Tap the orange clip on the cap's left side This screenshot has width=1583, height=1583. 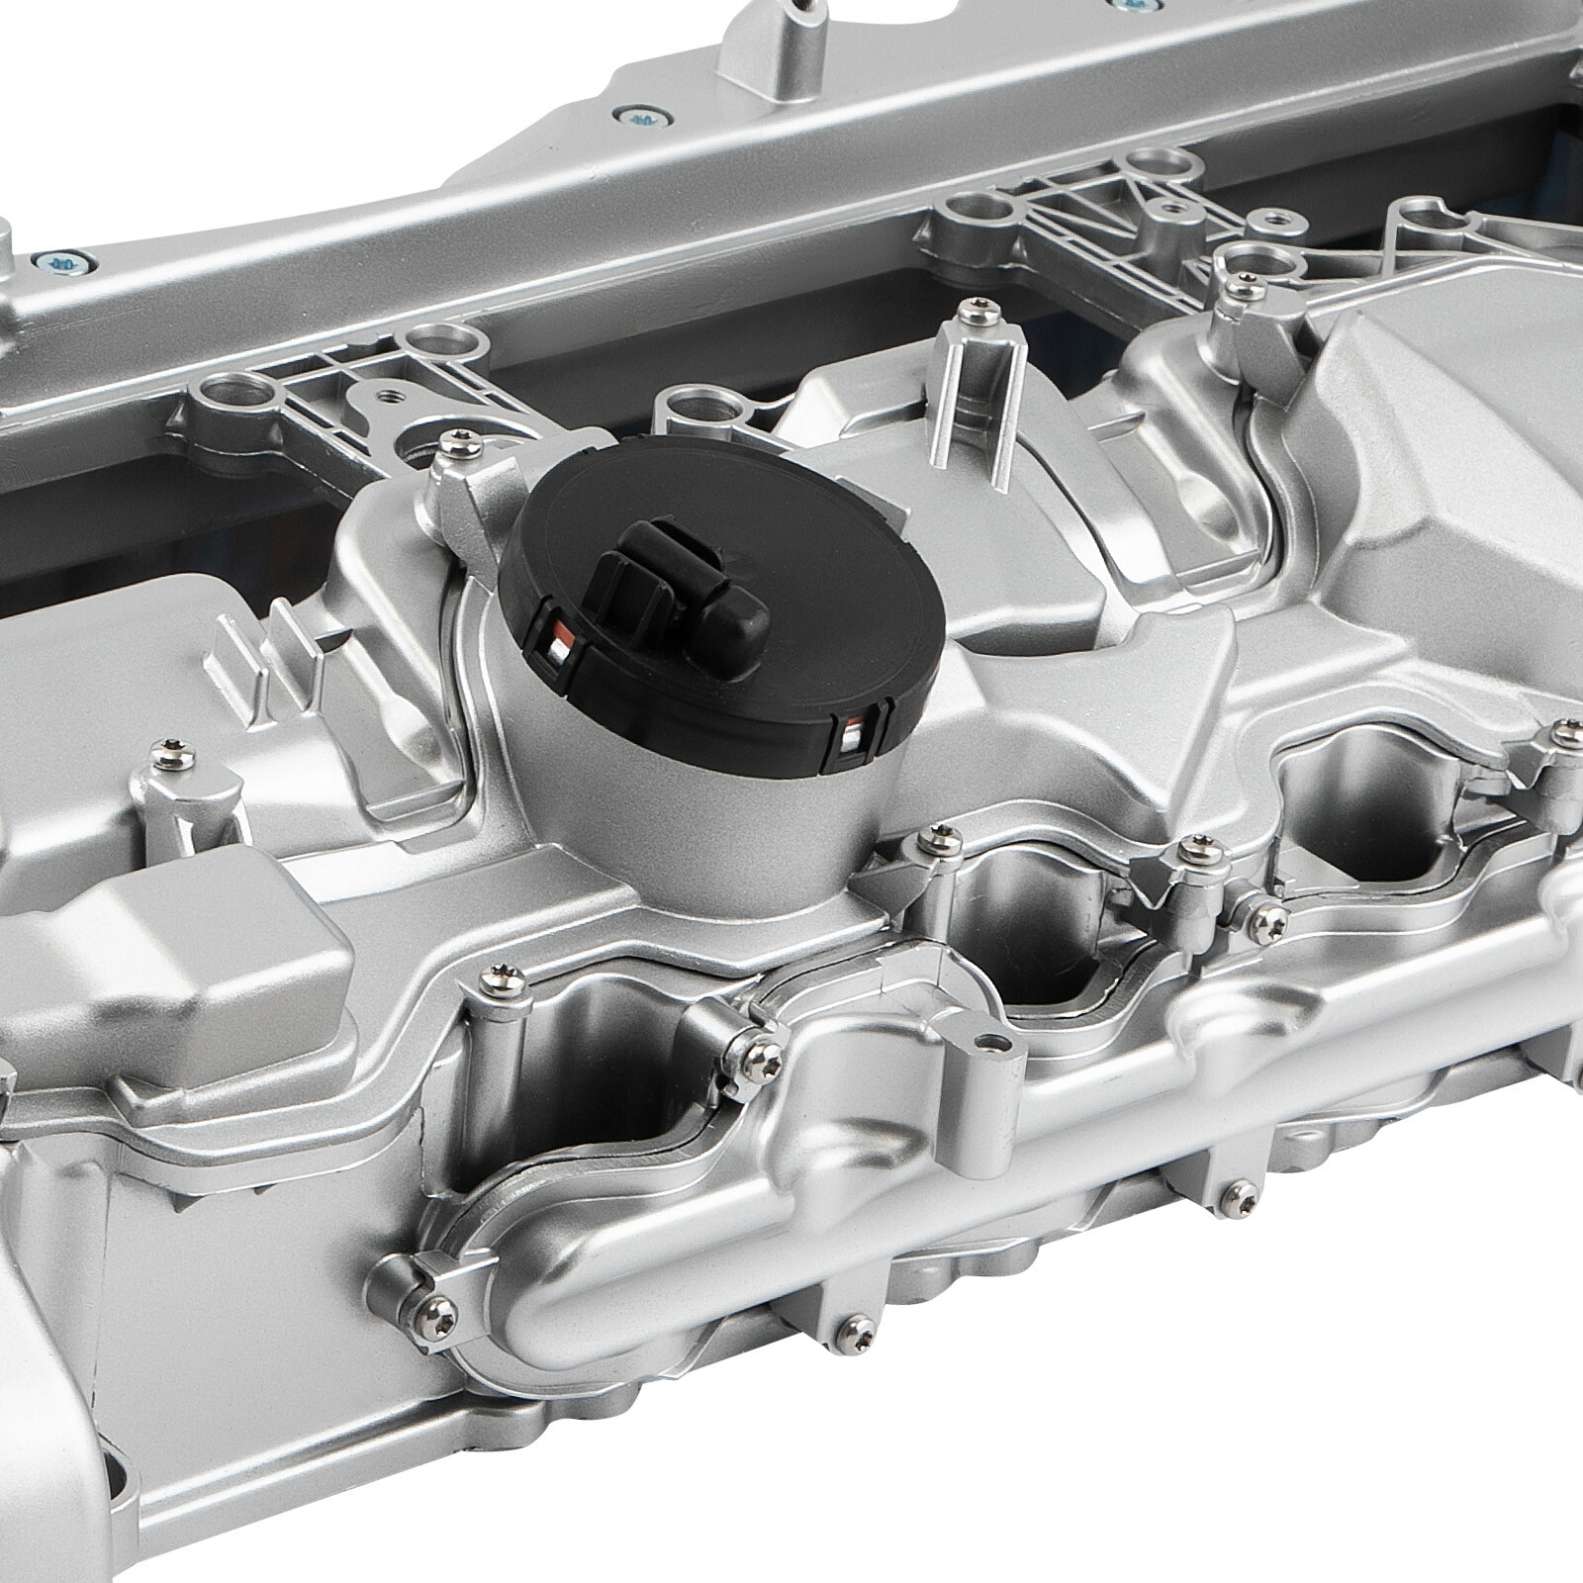558,648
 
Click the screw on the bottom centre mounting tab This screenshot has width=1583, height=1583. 850,1325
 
